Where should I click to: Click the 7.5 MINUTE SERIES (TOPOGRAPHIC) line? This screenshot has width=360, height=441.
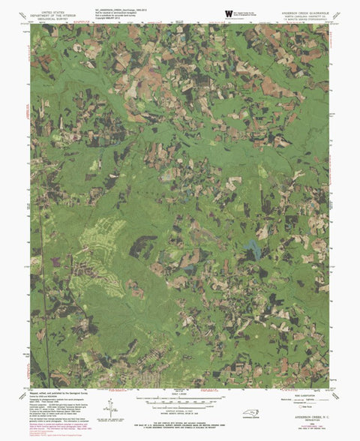(x=304, y=20)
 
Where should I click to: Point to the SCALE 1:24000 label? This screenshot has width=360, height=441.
(x=181, y=394)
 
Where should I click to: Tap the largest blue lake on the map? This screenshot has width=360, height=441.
(x=253, y=251)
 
